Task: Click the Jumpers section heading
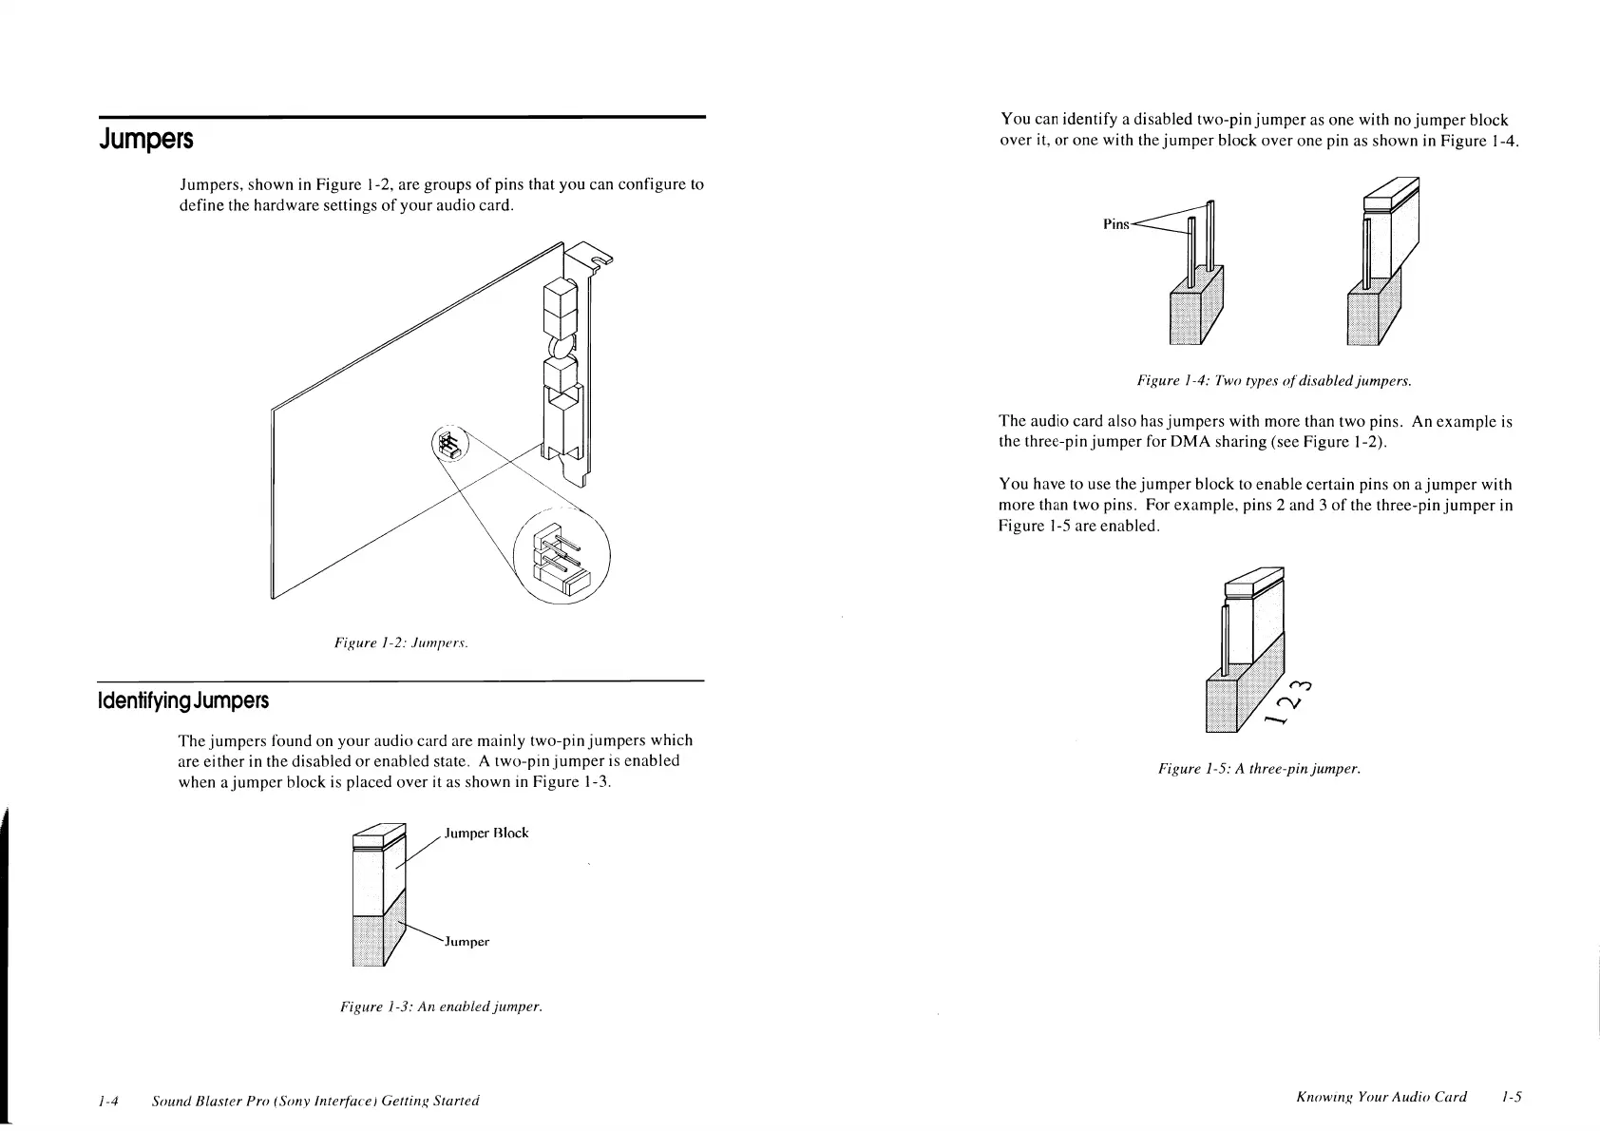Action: [146, 140]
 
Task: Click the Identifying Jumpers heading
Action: [183, 701]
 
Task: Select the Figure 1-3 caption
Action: [441, 1006]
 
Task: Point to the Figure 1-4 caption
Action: [1273, 381]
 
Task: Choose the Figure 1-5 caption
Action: [1259, 768]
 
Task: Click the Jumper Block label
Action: [486, 833]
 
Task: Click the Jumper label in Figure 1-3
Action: [466, 942]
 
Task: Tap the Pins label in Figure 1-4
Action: [1115, 224]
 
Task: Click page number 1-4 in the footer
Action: [107, 1101]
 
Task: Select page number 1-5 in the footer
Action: [1512, 1097]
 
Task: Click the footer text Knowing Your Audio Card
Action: [1381, 1097]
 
